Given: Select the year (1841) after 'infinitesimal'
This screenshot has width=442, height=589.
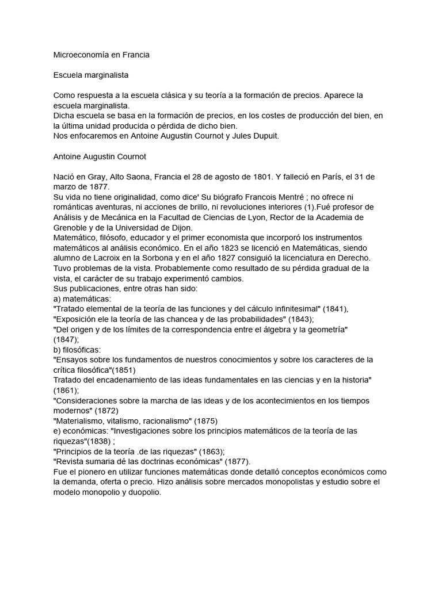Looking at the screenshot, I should tap(334, 309).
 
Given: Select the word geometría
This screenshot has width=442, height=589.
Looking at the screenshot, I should tap(326, 329).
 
